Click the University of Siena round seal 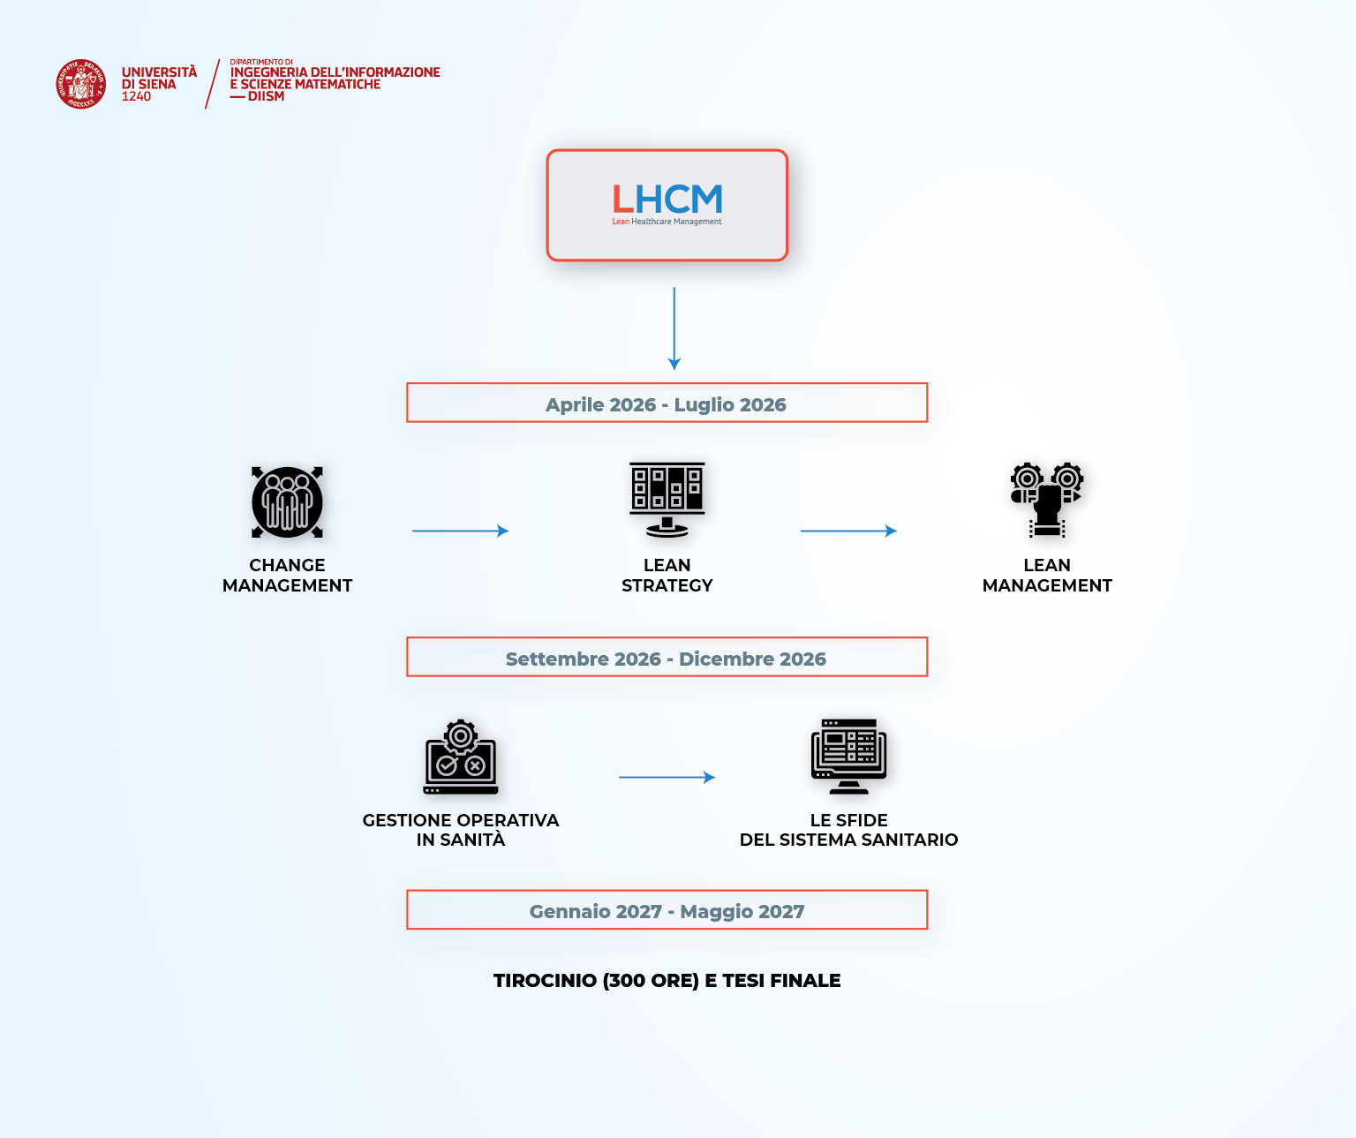pos(81,85)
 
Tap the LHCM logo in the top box pos(667,200)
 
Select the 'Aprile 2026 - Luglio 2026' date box pos(667,403)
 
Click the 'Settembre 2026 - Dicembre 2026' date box pos(667,658)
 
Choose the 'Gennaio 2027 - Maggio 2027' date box pos(667,910)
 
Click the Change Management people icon pos(287,502)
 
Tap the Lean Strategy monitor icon pos(667,500)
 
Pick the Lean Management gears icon pos(1047,500)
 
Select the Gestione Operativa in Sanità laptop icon pos(461,757)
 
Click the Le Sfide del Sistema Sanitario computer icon pos(848,757)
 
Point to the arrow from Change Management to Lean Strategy pos(460,531)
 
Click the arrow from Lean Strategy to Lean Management pos(848,531)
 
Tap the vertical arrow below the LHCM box pos(674,328)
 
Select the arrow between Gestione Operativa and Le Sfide pos(667,777)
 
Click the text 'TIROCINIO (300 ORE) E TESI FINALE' pos(667,981)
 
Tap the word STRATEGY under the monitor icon pos(667,585)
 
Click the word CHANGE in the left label pos(287,565)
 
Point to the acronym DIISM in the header pos(266,96)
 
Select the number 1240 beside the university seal pos(136,96)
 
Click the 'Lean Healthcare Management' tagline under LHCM pos(667,222)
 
